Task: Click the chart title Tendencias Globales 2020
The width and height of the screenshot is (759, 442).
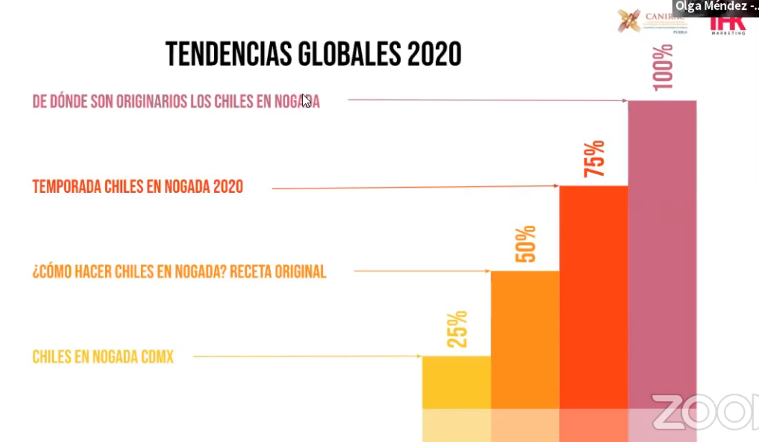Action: pos(314,54)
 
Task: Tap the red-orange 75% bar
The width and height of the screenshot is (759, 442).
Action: pos(593,299)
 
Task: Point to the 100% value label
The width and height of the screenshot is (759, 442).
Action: pos(663,68)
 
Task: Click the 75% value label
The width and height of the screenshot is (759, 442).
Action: pos(594,159)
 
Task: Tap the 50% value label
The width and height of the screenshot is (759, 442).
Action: pos(526,244)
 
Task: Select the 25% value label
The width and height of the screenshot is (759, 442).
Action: pos(457,329)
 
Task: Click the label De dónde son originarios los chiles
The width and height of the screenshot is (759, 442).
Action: pos(176,102)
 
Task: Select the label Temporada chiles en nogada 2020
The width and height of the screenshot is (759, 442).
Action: pos(138,187)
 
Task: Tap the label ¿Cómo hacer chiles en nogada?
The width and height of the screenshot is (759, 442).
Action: pos(179,272)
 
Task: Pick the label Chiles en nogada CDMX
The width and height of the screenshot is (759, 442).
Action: pos(103,357)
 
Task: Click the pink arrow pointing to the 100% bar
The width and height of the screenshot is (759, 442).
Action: pos(488,100)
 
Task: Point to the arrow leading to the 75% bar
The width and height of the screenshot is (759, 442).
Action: pos(416,187)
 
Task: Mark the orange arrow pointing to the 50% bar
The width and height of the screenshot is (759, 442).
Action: pos(422,271)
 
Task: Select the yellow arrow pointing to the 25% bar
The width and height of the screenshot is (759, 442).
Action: pos(307,356)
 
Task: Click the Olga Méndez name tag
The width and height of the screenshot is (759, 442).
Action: pos(716,7)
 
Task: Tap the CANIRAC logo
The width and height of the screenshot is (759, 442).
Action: pos(652,21)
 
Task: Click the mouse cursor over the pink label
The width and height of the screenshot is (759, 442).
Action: pos(306,101)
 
